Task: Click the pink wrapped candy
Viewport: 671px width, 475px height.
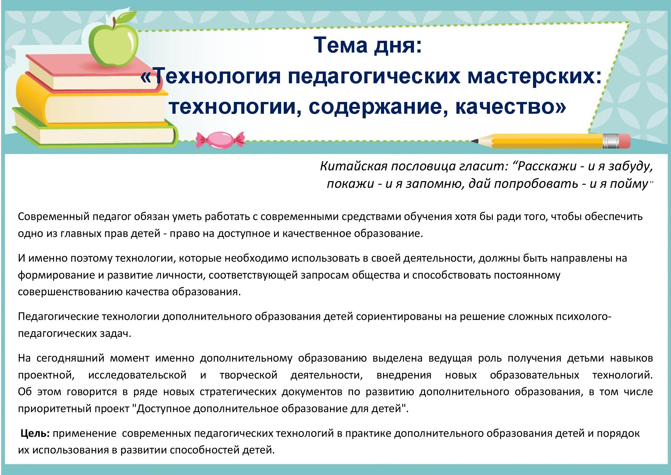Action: tap(220, 139)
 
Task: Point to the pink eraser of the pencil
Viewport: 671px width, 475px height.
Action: tap(622, 141)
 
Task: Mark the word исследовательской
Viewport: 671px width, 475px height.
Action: tap(137, 375)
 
